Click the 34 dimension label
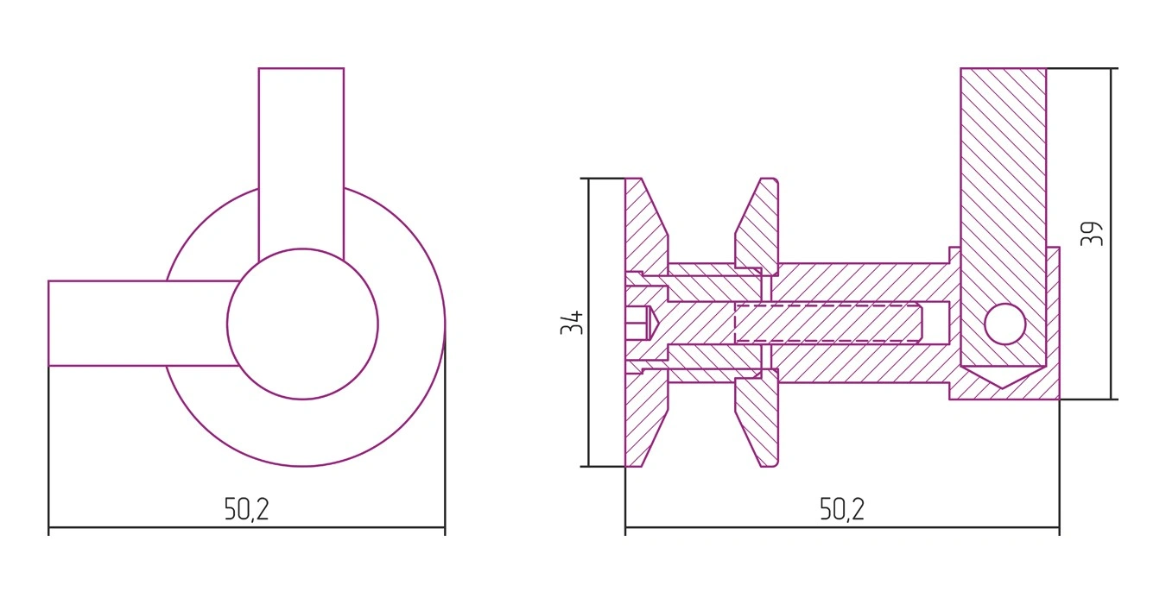click(572, 323)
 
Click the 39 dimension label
click(1091, 234)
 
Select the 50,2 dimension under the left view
click(247, 509)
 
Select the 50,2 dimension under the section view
click(842, 509)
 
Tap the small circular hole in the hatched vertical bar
click(1005, 324)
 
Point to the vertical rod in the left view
click(301, 161)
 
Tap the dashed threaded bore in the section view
click(827, 323)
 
